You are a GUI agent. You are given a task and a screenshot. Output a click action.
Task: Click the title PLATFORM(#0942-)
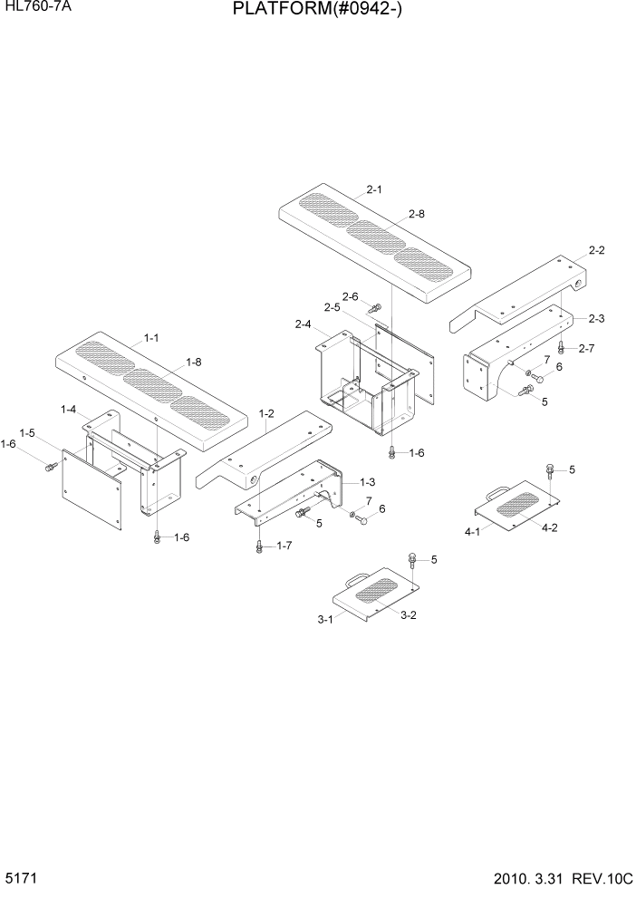318,10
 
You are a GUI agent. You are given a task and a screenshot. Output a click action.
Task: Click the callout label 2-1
375,189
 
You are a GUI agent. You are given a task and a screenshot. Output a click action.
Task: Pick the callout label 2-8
417,214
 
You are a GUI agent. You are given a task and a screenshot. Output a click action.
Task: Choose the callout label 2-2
596,249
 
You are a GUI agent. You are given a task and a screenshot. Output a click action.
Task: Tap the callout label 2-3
596,318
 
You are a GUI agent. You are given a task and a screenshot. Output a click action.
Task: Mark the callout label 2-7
586,348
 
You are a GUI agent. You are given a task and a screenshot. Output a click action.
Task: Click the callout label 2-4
304,324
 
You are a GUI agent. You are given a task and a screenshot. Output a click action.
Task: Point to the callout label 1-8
193,362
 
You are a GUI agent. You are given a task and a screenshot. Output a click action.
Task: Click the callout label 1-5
27,432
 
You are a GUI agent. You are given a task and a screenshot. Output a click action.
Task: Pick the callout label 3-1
324,620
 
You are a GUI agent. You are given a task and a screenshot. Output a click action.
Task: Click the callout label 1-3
369,481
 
